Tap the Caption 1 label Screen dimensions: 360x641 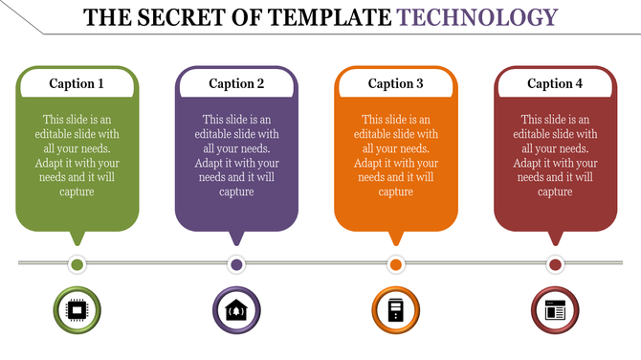(x=77, y=83)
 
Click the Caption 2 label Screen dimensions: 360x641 (x=236, y=83)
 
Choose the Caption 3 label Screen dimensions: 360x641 (x=395, y=83)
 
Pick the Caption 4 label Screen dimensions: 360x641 (x=555, y=83)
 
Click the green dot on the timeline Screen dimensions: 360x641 (x=77, y=264)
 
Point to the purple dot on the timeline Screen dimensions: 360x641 (x=236, y=264)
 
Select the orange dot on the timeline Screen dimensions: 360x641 (x=395, y=264)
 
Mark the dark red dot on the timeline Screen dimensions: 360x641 (x=555, y=264)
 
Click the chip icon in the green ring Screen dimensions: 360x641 (x=77, y=310)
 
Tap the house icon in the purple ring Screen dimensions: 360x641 (x=236, y=310)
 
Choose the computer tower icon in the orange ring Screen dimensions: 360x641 (x=395, y=310)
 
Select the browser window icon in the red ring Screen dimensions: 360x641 (x=555, y=310)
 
